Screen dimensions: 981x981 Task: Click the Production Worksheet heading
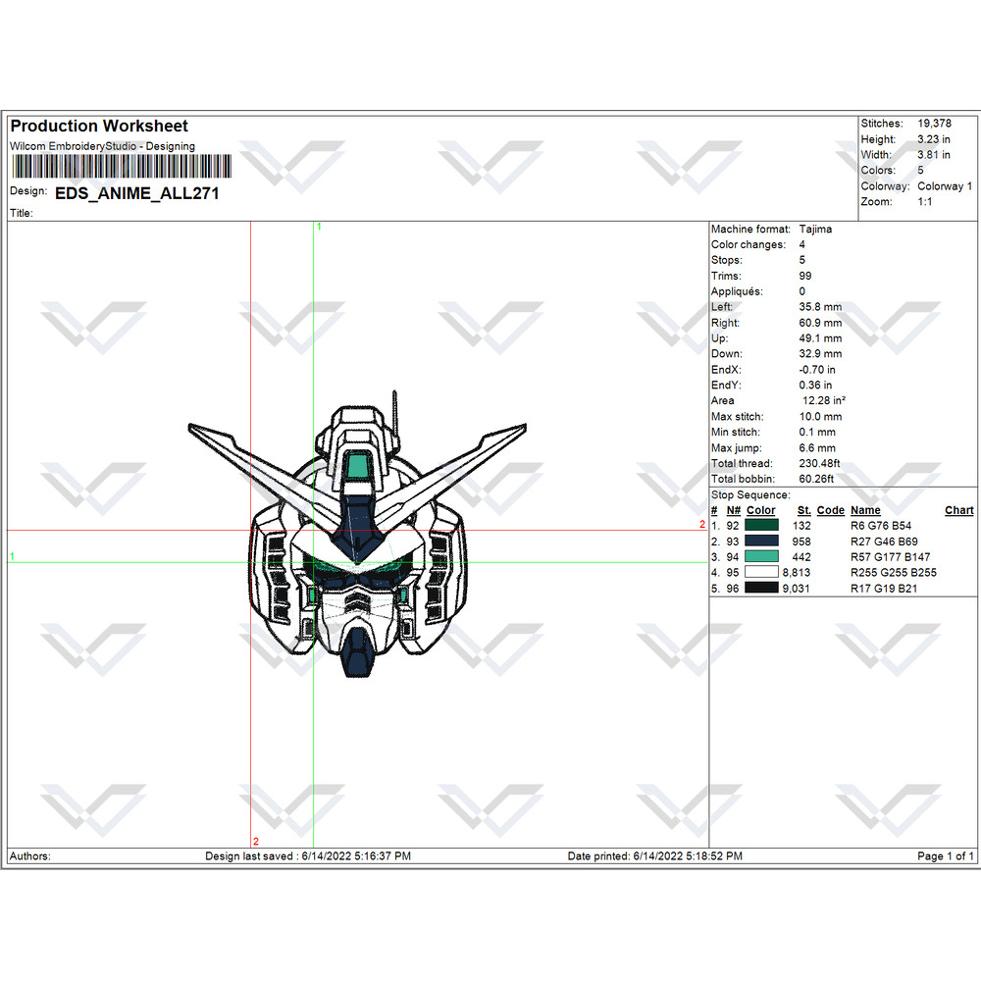coord(99,126)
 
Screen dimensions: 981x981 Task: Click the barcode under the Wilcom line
coord(121,167)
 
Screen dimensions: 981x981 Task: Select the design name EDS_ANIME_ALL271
coord(137,193)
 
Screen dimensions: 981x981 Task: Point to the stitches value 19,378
coord(934,124)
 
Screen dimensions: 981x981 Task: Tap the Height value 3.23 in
coord(933,139)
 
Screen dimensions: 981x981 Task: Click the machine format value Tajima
coord(815,229)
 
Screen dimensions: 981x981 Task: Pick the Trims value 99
coord(805,276)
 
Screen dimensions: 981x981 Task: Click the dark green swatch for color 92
coord(761,526)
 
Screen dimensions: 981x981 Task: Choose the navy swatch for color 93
coord(761,542)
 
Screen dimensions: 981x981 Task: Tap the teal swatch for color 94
coord(761,557)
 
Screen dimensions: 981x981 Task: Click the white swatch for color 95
coord(761,573)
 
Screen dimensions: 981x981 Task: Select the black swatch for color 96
coord(761,589)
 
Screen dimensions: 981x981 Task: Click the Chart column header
coord(958,510)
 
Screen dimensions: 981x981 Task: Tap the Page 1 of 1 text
coord(946,856)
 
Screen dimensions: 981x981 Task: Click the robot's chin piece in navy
coord(358,654)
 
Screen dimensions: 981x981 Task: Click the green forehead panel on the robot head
coord(361,468)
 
